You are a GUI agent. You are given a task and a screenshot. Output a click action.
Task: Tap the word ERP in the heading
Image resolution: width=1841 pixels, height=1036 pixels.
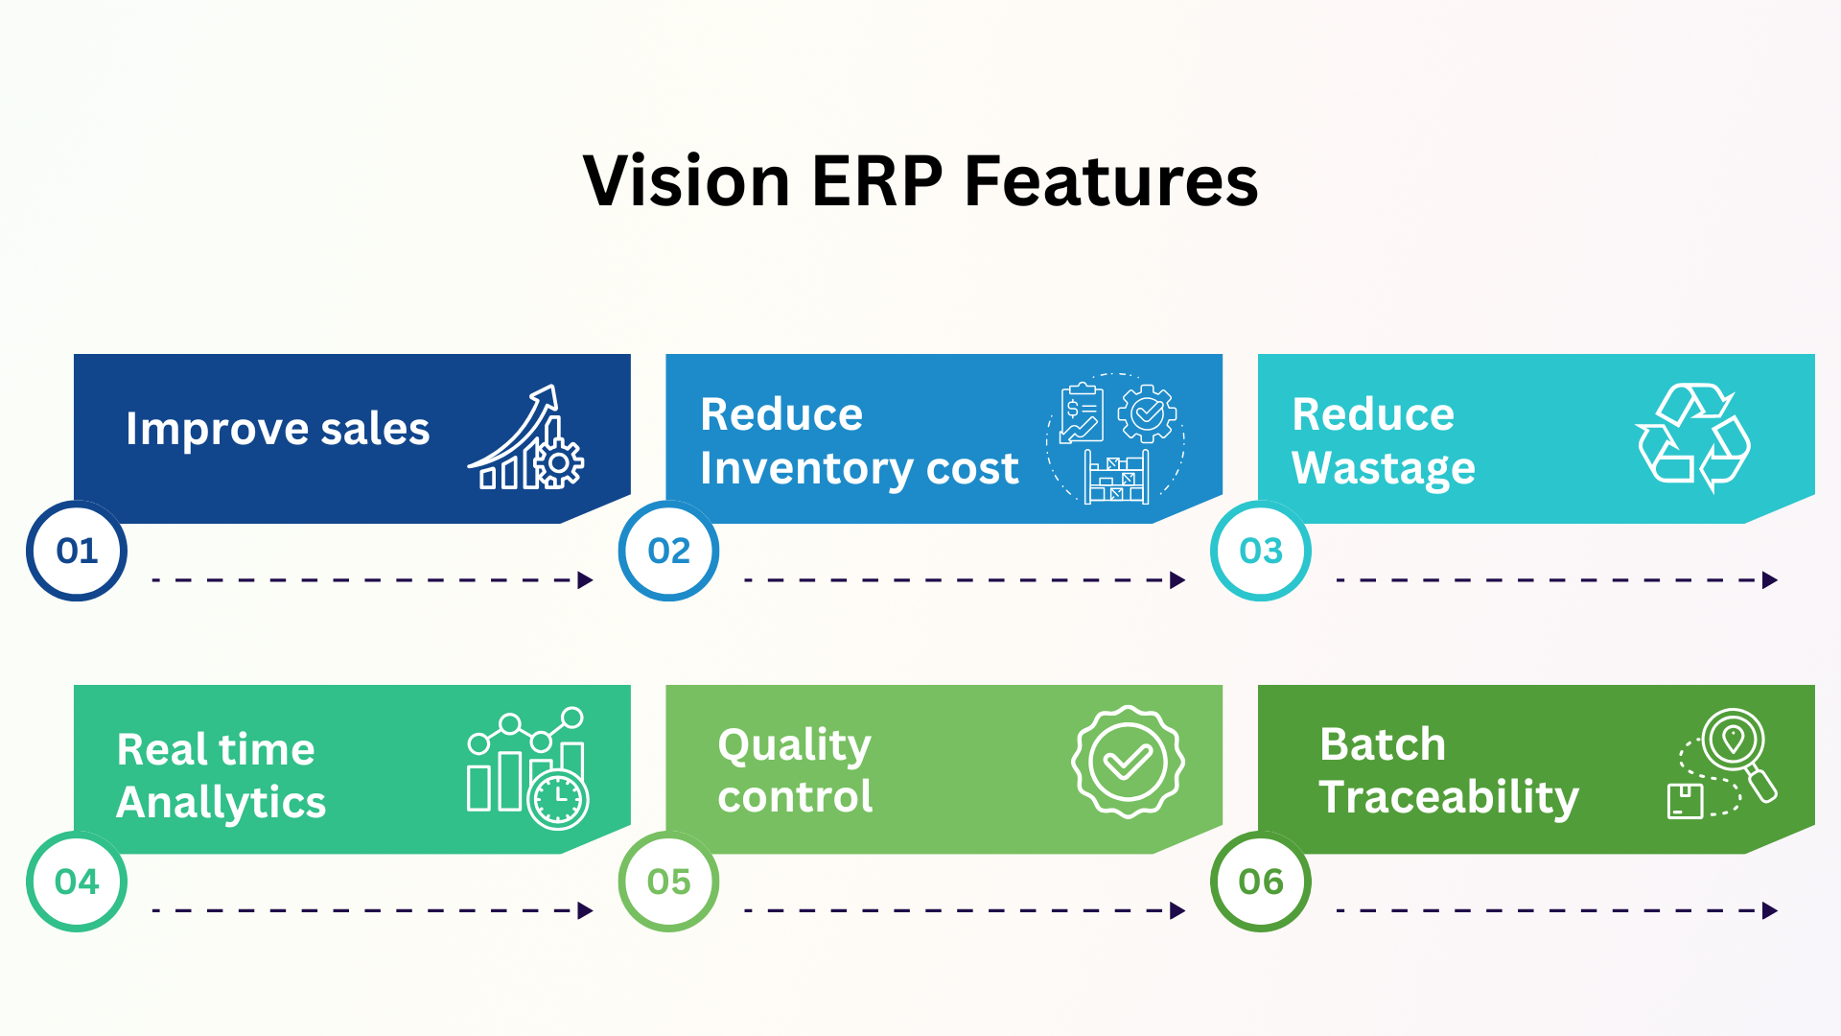(877, 180)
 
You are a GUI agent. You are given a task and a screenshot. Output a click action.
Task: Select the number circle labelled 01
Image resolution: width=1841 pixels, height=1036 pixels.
(77, 551)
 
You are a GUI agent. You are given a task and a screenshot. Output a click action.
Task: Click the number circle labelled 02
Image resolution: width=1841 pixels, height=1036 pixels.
(668, 551)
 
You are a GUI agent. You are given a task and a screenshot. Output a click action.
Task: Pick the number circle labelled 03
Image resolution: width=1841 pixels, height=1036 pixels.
(1260, 551)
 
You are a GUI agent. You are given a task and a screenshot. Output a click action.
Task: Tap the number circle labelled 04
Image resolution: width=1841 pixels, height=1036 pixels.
(77, 881)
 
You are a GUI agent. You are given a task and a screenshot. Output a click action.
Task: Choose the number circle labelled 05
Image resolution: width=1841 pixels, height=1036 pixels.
(668, 881)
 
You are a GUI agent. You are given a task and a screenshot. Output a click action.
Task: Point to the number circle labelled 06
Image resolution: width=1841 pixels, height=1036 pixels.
(1260, 881)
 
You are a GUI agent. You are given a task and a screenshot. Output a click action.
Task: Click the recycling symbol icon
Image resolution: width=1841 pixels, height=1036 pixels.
(1693, 437)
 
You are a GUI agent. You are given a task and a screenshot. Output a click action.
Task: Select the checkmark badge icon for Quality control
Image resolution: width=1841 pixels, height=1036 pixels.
(1128, 762)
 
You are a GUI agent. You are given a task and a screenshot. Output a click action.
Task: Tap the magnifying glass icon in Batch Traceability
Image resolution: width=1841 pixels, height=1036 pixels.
(1737, 748)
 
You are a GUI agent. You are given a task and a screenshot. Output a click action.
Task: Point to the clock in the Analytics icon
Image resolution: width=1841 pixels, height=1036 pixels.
(558, 799)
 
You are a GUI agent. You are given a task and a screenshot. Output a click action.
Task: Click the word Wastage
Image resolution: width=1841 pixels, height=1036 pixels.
(1383, 469)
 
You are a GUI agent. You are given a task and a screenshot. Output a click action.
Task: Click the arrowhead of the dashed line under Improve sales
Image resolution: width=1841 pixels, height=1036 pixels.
(585, 579)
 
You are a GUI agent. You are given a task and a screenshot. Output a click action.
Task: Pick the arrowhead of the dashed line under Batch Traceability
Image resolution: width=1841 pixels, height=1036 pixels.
(1769, 910)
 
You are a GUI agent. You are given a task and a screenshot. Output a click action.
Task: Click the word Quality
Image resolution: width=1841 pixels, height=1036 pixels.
(794, 745)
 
